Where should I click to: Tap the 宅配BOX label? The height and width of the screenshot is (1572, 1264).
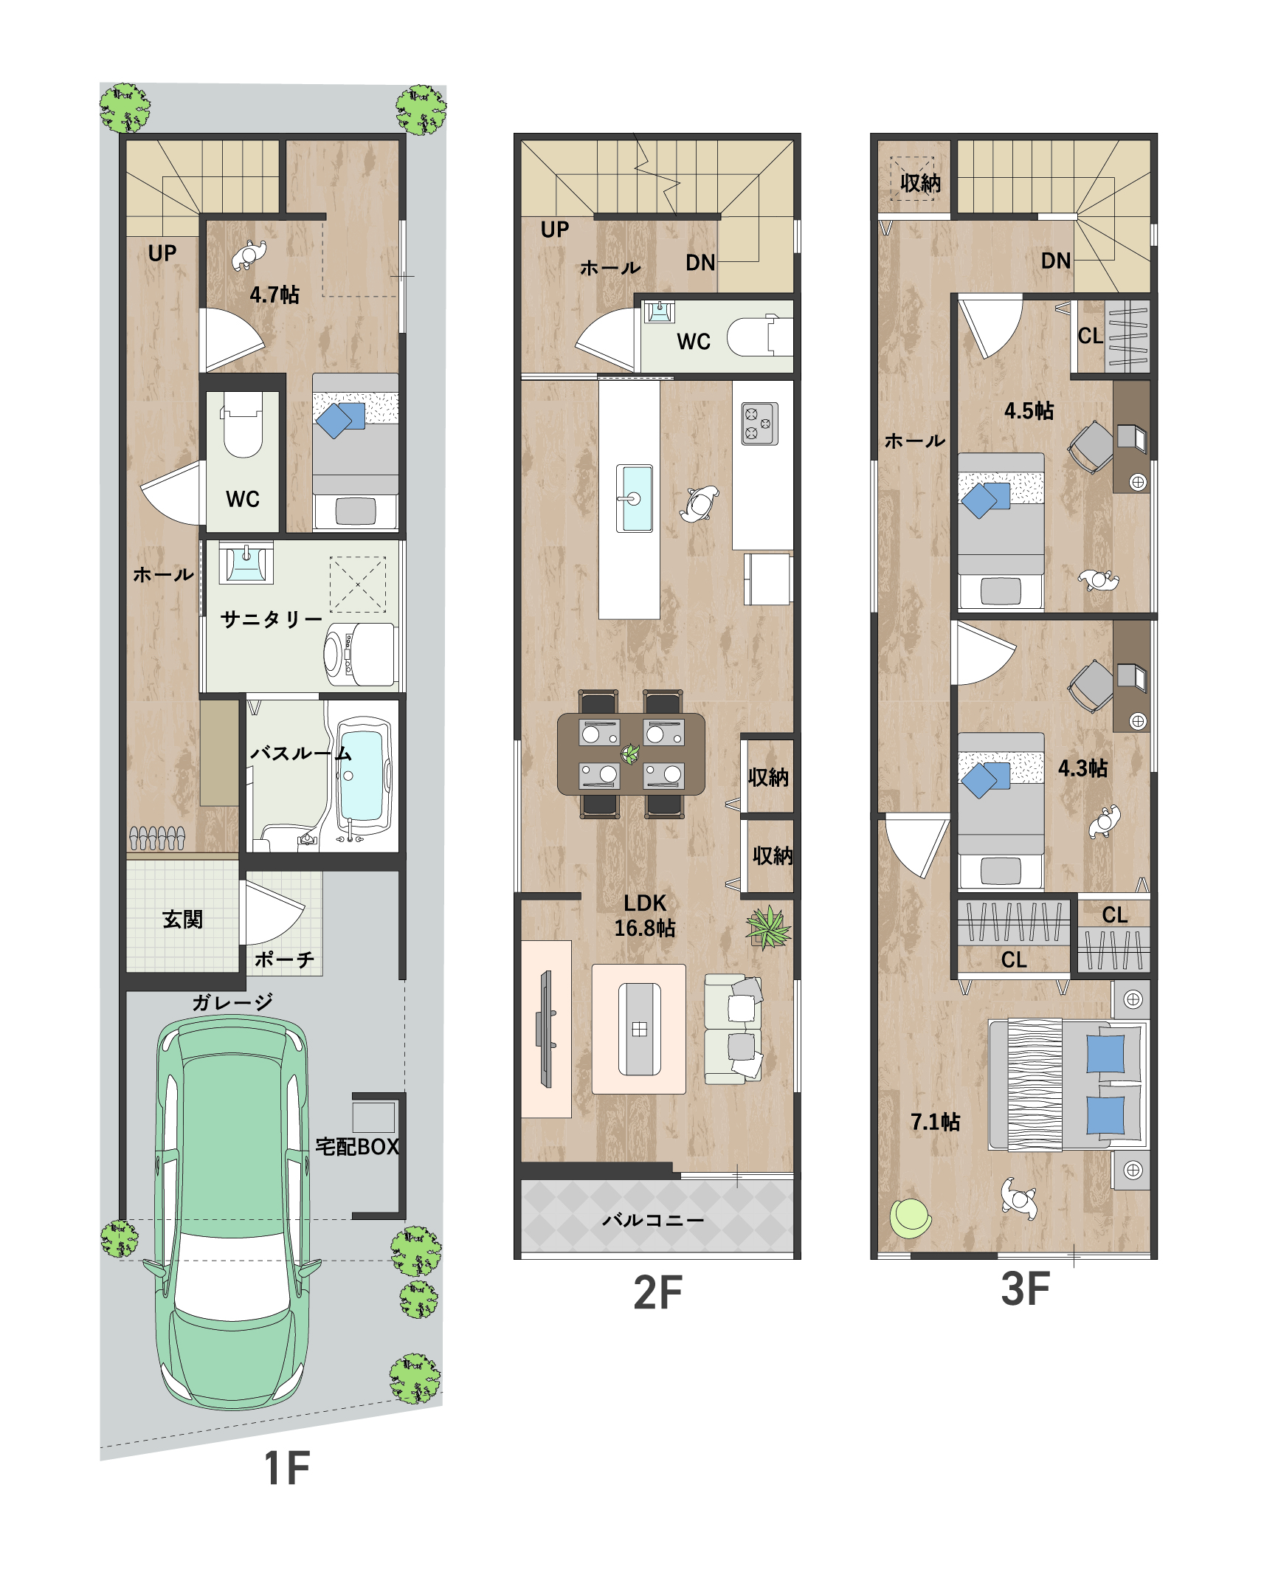pos(357,1146)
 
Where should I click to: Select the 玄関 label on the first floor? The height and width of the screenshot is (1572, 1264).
pos(182,919)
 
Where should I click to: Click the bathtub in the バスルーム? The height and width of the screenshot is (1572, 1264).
pos(362,776)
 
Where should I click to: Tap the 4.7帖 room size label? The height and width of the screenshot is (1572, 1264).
pos(274,294)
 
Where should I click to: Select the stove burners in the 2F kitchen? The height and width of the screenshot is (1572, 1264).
pos(759,424)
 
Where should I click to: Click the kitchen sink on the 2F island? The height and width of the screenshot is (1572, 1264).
pos(634,498)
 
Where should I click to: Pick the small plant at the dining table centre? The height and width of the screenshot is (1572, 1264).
pos(630,754)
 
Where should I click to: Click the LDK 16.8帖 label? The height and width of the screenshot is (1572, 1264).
pos(645,915)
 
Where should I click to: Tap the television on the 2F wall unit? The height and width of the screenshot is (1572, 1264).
pos(547,1029)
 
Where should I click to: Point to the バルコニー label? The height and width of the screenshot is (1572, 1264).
pos(653,1220)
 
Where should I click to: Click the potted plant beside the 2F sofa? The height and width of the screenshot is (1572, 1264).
pos(768,927)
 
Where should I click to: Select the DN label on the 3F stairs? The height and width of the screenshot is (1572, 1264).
pos(1056,261)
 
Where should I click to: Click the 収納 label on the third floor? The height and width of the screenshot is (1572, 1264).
pos(920,182)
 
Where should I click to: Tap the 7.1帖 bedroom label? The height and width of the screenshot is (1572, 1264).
pos(936,1122)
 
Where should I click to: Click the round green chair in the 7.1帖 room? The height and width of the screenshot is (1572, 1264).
pos(911,1218)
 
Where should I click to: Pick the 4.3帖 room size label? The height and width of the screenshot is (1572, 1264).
pos(1082,768)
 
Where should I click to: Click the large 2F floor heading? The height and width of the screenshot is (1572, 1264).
pos(658,1292)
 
